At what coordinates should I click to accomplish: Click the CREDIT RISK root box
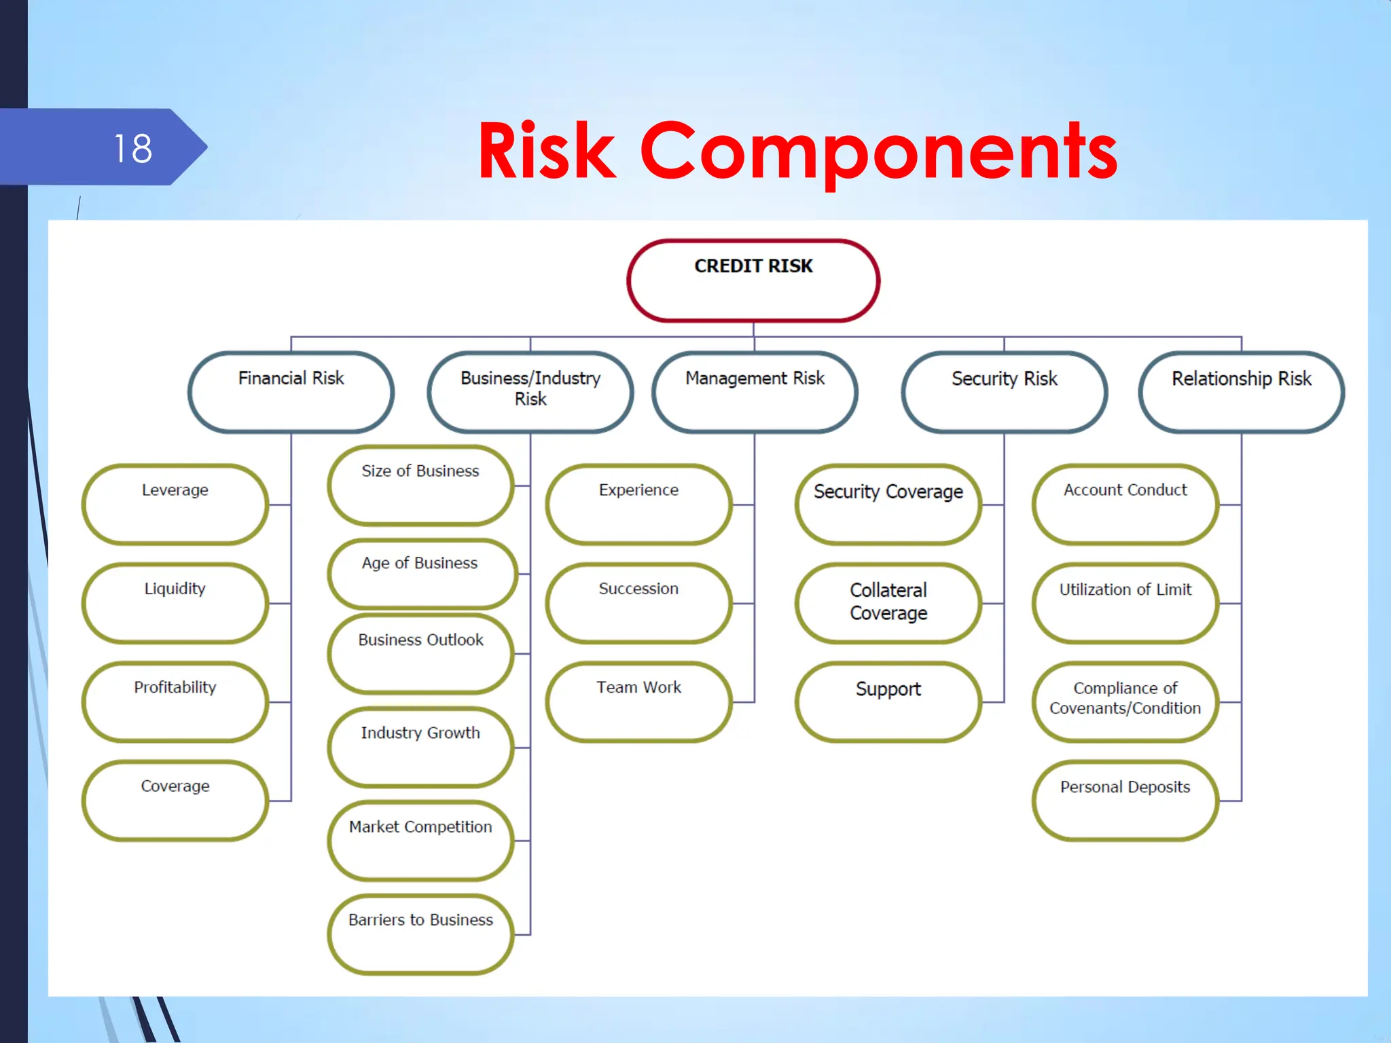click(x=753, y=280)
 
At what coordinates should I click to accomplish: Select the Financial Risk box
click(x=291, y=392)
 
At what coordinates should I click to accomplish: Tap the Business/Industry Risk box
click(x=530, y=392)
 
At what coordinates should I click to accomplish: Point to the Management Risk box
click(x=755, y=392)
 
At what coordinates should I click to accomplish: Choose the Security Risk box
click(x=1004, y=392)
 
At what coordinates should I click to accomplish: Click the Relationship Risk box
click(x=1241, y=392)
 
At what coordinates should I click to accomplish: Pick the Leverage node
click(x=175, y=504)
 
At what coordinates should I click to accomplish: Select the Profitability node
click(x=175, y=701)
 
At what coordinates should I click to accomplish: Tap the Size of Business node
click(x=420, y=485)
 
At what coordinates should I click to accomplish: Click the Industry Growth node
click(x=420, y=747)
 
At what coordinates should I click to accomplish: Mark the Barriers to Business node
click(x=420, y=934)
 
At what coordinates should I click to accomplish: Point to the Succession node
click(x=638, y=602)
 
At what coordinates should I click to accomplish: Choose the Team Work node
click(x=638, y=701)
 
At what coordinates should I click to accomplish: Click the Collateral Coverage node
click(x=888, y=602)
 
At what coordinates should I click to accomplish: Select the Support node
click(x=888, y=701)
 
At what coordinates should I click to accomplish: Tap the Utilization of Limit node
click(x=1125, y=602)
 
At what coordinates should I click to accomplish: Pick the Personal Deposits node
click(x=1125, y=800)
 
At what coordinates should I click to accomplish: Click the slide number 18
click(x=133, y=148)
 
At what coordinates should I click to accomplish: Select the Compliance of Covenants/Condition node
click(x=1125, y=701)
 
